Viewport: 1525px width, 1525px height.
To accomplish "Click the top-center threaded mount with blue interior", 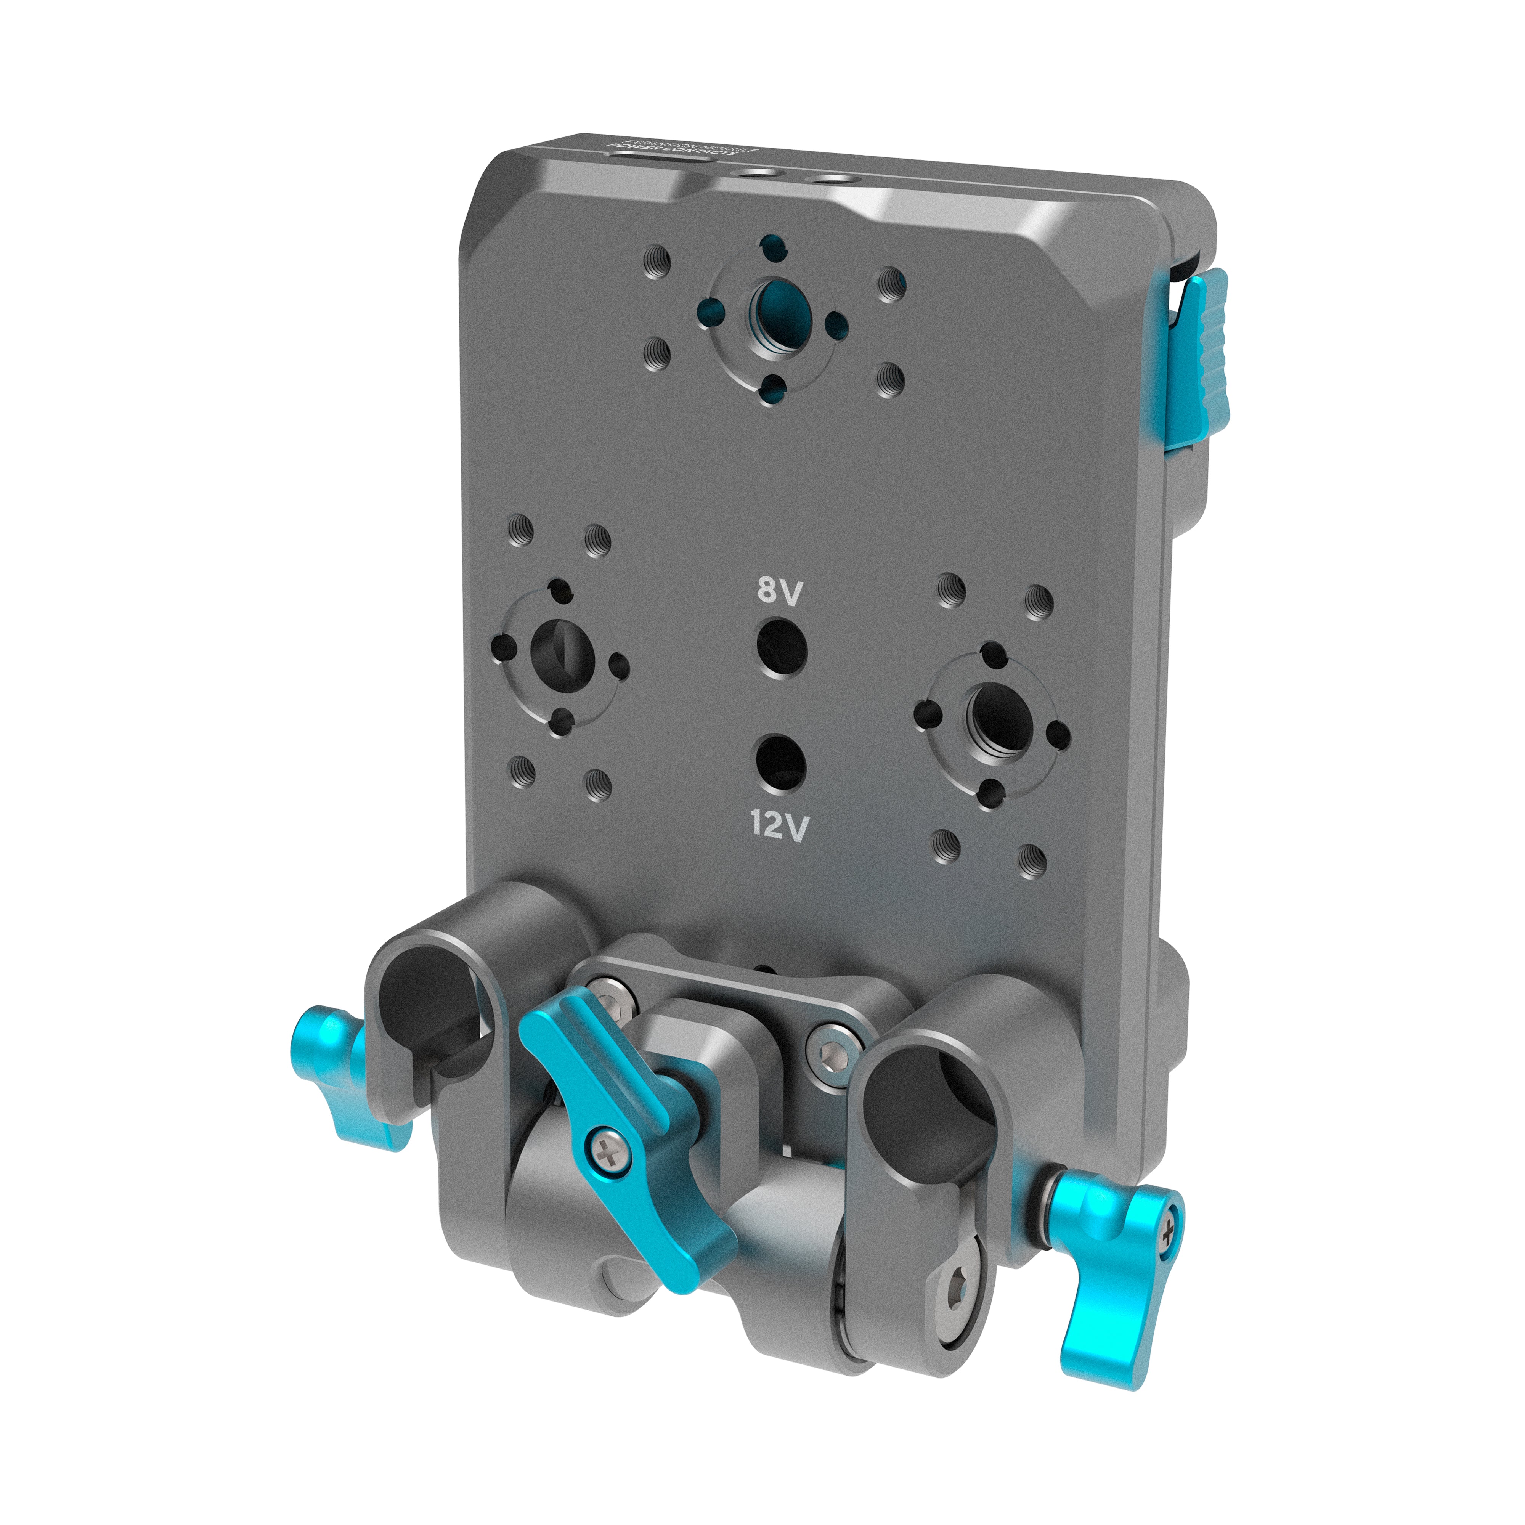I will coord(780,310).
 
